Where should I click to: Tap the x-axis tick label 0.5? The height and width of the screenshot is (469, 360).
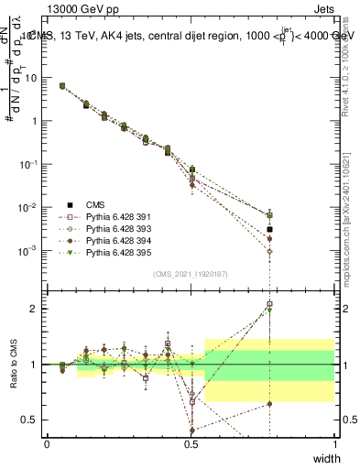191,443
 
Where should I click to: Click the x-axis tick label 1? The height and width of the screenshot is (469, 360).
335,443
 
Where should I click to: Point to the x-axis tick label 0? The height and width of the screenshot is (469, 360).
47,443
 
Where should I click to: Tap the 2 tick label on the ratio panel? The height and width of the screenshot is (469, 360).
34,309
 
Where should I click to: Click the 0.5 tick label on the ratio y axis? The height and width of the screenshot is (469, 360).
30,420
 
